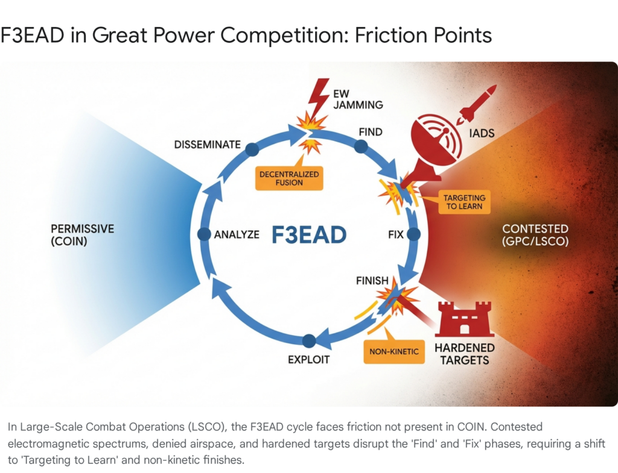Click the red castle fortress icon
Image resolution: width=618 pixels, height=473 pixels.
[x=464, y=319]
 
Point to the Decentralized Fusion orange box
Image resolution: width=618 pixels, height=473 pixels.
[x=289, y=178]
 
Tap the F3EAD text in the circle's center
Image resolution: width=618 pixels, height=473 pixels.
[x=309, y=234]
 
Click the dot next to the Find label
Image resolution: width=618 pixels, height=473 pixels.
[x=361, y=146]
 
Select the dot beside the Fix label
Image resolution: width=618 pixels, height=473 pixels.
[x=413, y=234]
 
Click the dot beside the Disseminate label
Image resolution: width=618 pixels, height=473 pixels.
[x=252, y=149]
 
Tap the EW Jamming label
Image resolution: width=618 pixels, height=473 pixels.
[x=358, y=99]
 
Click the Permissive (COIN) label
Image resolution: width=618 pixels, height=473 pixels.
[x=83, y=235]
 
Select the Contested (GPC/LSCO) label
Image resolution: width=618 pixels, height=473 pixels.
[x=535, y=235]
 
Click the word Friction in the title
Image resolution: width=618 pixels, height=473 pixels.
[x=389, y=35]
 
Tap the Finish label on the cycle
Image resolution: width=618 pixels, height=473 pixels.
[x=372, y=281]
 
